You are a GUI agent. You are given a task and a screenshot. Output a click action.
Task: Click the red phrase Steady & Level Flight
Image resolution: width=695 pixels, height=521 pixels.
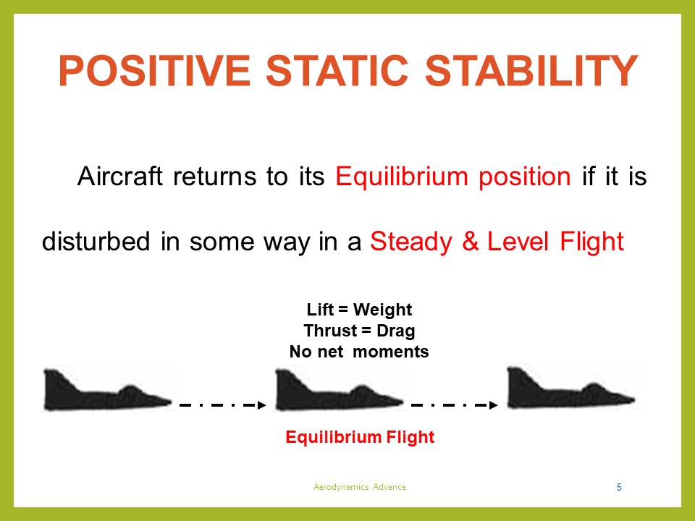tap(497, 241)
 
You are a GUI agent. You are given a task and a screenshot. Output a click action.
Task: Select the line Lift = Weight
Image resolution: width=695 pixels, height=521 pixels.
tap(359, 310)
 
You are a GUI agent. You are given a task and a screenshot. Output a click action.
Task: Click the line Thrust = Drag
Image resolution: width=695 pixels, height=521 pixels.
tap(359, 331)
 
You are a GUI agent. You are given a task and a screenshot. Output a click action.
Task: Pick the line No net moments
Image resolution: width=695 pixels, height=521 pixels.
tap(359, 352)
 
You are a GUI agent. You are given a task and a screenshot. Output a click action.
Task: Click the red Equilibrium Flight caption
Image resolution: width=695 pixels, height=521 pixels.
tap(360, 437)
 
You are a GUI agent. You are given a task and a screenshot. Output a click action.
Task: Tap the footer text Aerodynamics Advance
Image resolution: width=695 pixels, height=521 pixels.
tap(360, 487)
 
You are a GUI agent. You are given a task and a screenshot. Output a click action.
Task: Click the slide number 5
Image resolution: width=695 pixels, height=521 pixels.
tap(619, 487)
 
